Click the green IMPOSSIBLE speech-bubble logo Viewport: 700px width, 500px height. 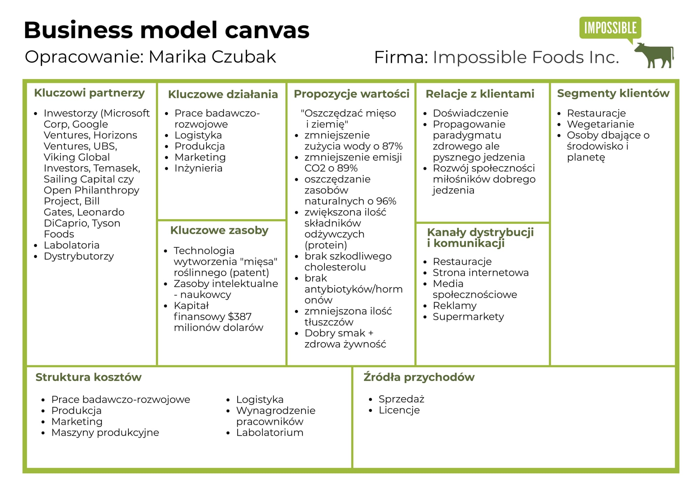pyautogui.click(x=610, y=28)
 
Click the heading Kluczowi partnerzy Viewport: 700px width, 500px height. pyautogui.click(x=89, y=93)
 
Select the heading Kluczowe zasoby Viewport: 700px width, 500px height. pyautogui.click(x=219, y=230)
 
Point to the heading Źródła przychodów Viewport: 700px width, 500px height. pyautogui.click(x=419, y=377)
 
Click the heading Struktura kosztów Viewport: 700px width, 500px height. pyautogui.click(x=89, y=377)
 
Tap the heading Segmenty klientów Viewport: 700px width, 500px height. pyautogui.click(x=613, y=93)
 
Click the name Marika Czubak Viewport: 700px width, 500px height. pyautogui.click(x=212, y=57)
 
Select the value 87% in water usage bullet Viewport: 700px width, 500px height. pyautogui.click(x=392, y=146)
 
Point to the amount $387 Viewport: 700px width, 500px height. pyautogui.click(x=239, y=317)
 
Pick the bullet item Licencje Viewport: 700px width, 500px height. pyautogui.click(x=399, y=410)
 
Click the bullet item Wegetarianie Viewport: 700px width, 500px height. pyautogui.click(x=600, y=124)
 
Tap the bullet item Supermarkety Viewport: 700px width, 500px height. pyautogui.click(x=468, y=317)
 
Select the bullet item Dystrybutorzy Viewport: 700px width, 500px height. pyautogui.click(x=79, y=256)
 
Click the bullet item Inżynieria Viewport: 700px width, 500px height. pyautogui.click(x=198, y=168)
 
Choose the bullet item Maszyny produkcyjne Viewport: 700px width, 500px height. pyautogui.click(x=105, y=432)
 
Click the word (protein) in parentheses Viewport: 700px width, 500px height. pyautogui.click(x=326, y=245)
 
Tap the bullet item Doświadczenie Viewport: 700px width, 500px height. pyautogui.click(x=470, y=113)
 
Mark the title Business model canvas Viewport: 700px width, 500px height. pyautogui.click(x=167, y=30)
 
